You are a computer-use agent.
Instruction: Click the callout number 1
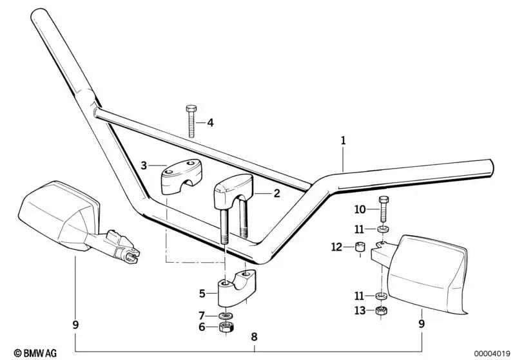pos(343,140)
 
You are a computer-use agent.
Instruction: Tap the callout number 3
pos(144,166)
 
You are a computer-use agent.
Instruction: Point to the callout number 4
pos(209,122)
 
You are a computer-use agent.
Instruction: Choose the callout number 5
pos(202,294)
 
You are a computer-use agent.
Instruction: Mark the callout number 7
pos(202,316)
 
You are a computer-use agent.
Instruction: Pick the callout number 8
pos(254,336)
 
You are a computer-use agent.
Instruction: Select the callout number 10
pos(360,210)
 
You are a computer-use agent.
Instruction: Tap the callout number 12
pos(336,247)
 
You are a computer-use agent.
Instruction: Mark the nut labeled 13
pos(381,312)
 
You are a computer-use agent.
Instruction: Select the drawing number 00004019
pos(493,352)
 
